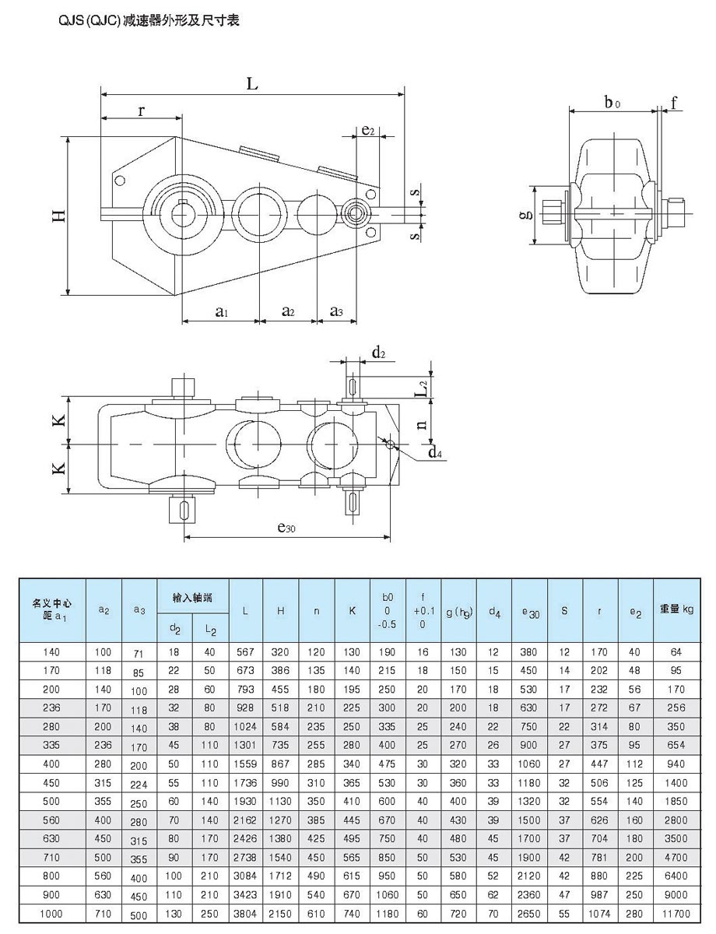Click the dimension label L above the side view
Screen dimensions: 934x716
click(x=252, y=84)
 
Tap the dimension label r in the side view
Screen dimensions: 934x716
click(x=142, y=111)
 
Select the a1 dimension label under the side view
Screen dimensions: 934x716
click(x=221, y=311)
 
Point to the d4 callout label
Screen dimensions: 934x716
click(x=435, y=452)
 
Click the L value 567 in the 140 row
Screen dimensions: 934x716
click(x=245, y=651)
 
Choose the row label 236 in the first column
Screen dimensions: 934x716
click(x=52, y=706)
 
